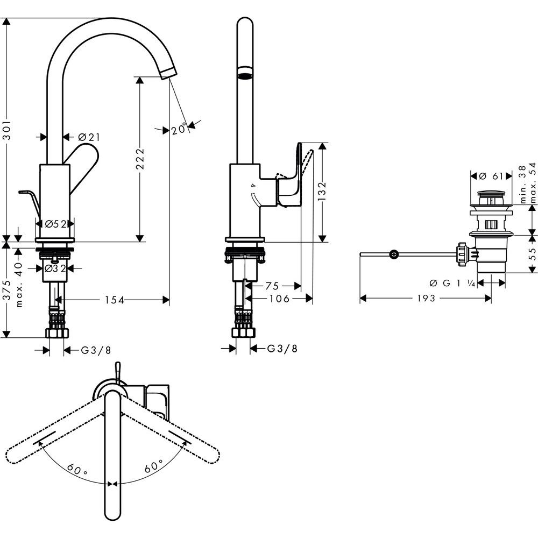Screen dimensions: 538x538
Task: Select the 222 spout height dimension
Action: pos(139,159)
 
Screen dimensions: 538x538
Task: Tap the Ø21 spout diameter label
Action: pos(89,137)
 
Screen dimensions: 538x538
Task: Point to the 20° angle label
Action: pos(179,129)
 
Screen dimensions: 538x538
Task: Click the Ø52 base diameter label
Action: pos(55,224)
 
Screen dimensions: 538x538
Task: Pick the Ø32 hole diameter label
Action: pos(55,267)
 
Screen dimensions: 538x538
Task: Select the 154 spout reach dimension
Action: pos(114,300)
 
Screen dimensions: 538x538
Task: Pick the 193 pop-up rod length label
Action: pos(425,299)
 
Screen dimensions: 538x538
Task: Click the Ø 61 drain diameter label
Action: pos(491,176)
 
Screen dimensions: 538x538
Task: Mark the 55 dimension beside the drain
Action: pos(533,254)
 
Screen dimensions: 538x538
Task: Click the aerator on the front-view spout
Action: pos(245,75)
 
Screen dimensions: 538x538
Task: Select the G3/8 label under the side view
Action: pos(282,349)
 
